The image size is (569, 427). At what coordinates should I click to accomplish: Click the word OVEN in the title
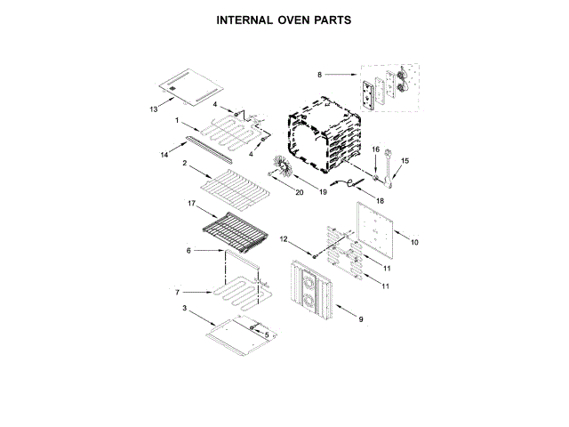[285, 19]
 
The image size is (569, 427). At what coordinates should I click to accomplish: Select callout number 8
[319, 74]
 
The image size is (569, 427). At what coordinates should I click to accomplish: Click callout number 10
[413, 240]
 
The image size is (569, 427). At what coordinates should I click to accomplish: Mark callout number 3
[185, 308]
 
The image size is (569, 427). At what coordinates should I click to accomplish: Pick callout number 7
[178, 292]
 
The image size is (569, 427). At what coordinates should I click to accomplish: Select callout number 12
[284, 239]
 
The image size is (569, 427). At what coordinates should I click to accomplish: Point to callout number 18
[380, 202]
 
